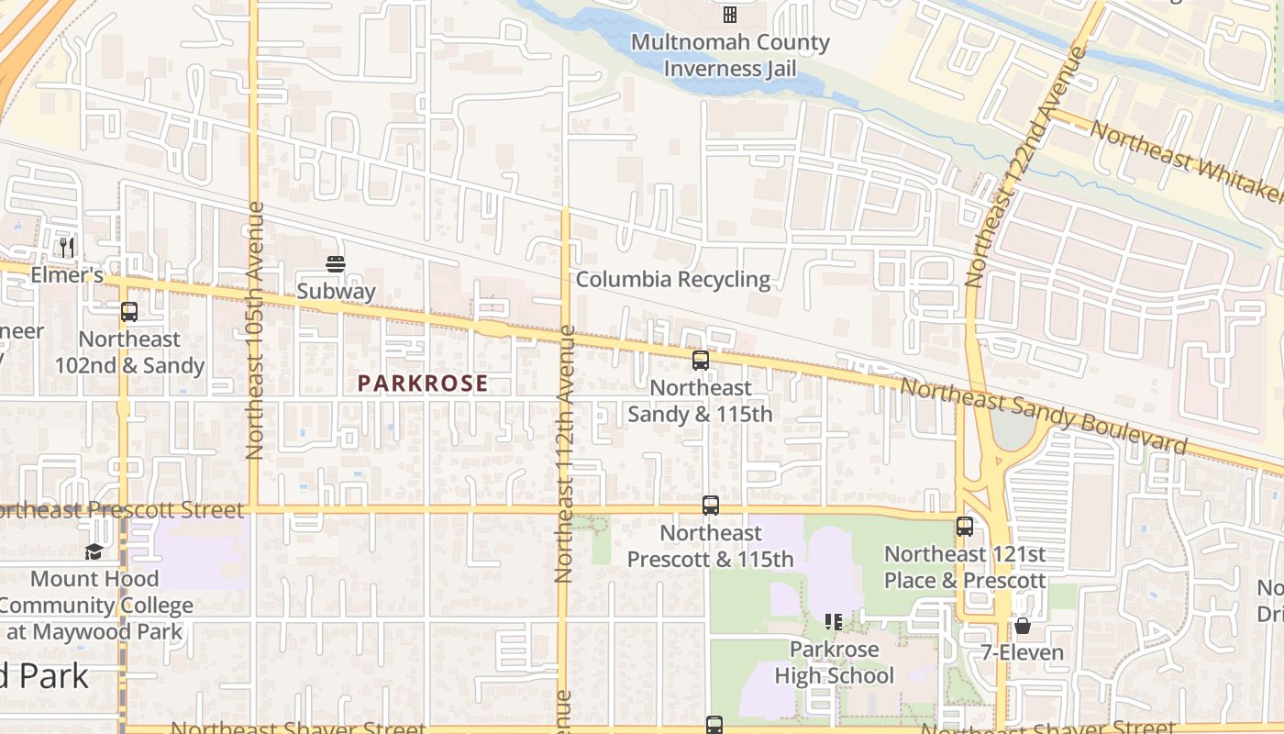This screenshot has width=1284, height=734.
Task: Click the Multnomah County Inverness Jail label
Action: coord(730,55)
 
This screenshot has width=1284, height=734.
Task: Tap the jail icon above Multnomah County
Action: coord(730,14)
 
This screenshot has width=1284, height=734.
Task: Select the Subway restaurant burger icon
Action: coord(335,265)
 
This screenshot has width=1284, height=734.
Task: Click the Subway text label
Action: coord(336,292)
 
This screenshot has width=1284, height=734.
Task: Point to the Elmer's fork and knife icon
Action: coord(66,248)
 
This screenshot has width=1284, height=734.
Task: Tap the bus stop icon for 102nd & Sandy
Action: coord(129,312)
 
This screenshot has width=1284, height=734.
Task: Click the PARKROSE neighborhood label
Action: coord(423,384)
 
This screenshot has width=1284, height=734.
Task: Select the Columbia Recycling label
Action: coord(673,279)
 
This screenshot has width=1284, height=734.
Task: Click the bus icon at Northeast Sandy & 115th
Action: coord(701,361)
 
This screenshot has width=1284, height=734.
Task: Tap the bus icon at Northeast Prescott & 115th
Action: coord(711,506)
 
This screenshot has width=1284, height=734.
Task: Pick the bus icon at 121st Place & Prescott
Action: coord(964,527)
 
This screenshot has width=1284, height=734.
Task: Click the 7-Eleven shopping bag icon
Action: coord(1023,626)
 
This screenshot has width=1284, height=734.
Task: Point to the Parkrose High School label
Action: coord(834,662)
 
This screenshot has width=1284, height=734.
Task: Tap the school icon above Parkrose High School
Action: coord(834,622)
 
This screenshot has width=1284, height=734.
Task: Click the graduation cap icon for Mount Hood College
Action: coord(94,551)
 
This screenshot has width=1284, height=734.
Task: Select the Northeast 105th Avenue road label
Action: coord(255,330)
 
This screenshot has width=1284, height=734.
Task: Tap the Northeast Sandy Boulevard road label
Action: coord(1043,416)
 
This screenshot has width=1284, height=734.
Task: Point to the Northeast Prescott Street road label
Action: coord(123,510)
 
